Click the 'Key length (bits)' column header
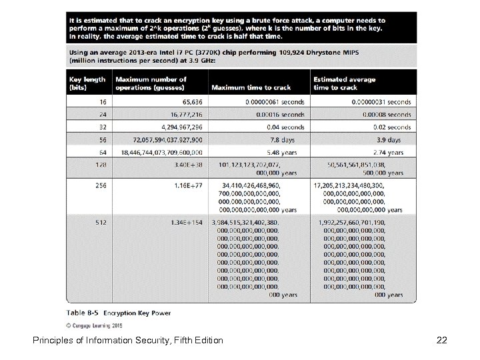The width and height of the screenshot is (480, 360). point(88,83)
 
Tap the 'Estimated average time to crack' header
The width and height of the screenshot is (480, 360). point(345,83)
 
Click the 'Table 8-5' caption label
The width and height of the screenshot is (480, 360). point(83,312)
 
